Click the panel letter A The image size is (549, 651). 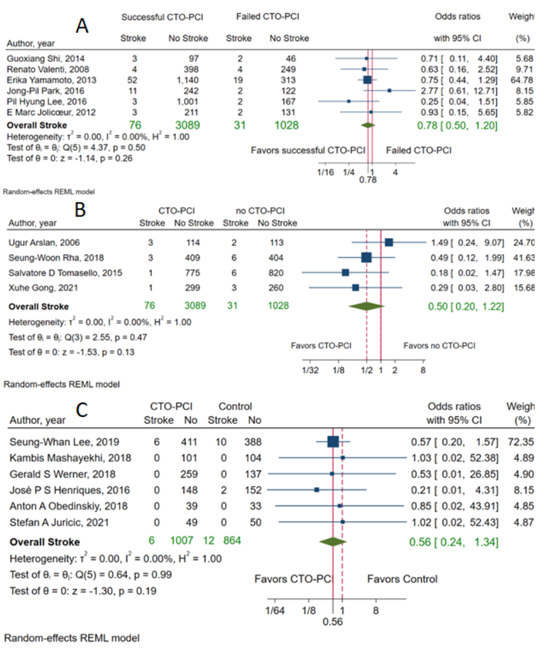pyautogui.click(x=82, y=25)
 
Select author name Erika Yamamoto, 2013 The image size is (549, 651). pyautogui.click(x=52, y=80)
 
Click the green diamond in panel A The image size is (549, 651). pyautogui.click(x=368, y=125)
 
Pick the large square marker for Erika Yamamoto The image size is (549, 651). pyautogui.click(x=367, y=80)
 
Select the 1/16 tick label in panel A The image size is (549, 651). pyautogui.click(x=326, y=172)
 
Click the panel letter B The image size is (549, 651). pyautogui.click(x=80, y=210)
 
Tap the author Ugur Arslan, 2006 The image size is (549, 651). pyautogui.click(x=44, y=243)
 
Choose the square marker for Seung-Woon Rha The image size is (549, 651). pyautogui.click(x=366, y=258)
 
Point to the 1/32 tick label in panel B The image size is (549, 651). pyautogui.click(x=310, y=370)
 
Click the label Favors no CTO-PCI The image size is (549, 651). pyautogui.click(x=439, y=346)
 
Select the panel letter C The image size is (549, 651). pyautogui.click(x=82, y=410)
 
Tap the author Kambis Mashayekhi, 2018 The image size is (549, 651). pyautogui.click(x=70, y=458)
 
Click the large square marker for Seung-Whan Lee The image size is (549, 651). pyautogui.click(x=333, y=441)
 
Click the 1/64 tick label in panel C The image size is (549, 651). pyautogui.click(x=275, y=610)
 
